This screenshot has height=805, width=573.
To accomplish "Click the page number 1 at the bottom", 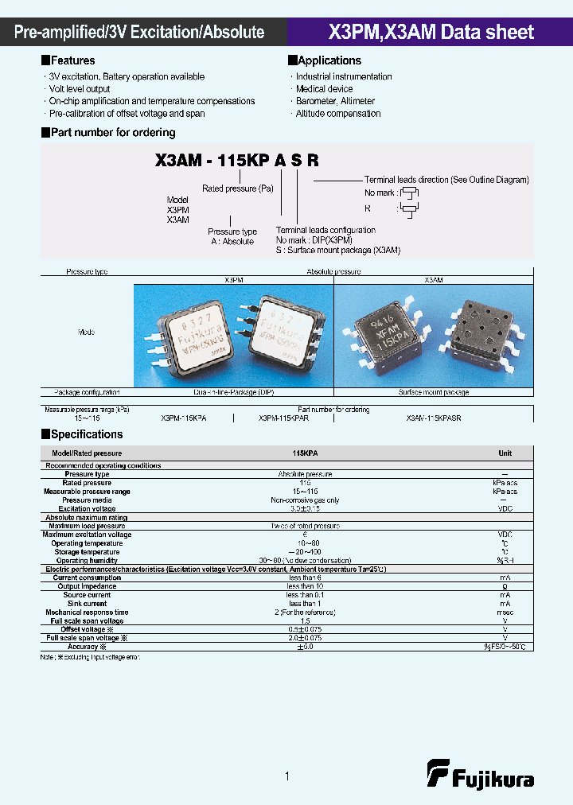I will pos(286,776).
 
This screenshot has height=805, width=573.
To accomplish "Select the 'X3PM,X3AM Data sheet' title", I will pos(431,33).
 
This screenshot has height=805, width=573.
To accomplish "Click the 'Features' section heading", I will pos(72,60).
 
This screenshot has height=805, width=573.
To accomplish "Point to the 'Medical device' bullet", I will pos(324,89).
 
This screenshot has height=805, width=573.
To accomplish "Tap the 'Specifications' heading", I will pos(86,434).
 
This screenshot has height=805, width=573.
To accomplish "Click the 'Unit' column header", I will pos(505,453).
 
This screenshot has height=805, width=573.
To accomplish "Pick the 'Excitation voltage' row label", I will pos(87,508).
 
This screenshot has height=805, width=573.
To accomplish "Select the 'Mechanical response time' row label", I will pos(87,612).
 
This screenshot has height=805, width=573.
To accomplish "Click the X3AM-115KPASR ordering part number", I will pos(433,418).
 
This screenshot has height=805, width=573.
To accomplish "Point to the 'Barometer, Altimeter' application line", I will pos(335,101).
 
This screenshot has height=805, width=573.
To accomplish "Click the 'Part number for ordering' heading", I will pos(112,133).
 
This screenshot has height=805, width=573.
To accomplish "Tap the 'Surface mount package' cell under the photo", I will pos(434,392).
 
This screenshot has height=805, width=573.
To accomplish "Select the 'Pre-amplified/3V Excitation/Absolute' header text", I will pos(140,33).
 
